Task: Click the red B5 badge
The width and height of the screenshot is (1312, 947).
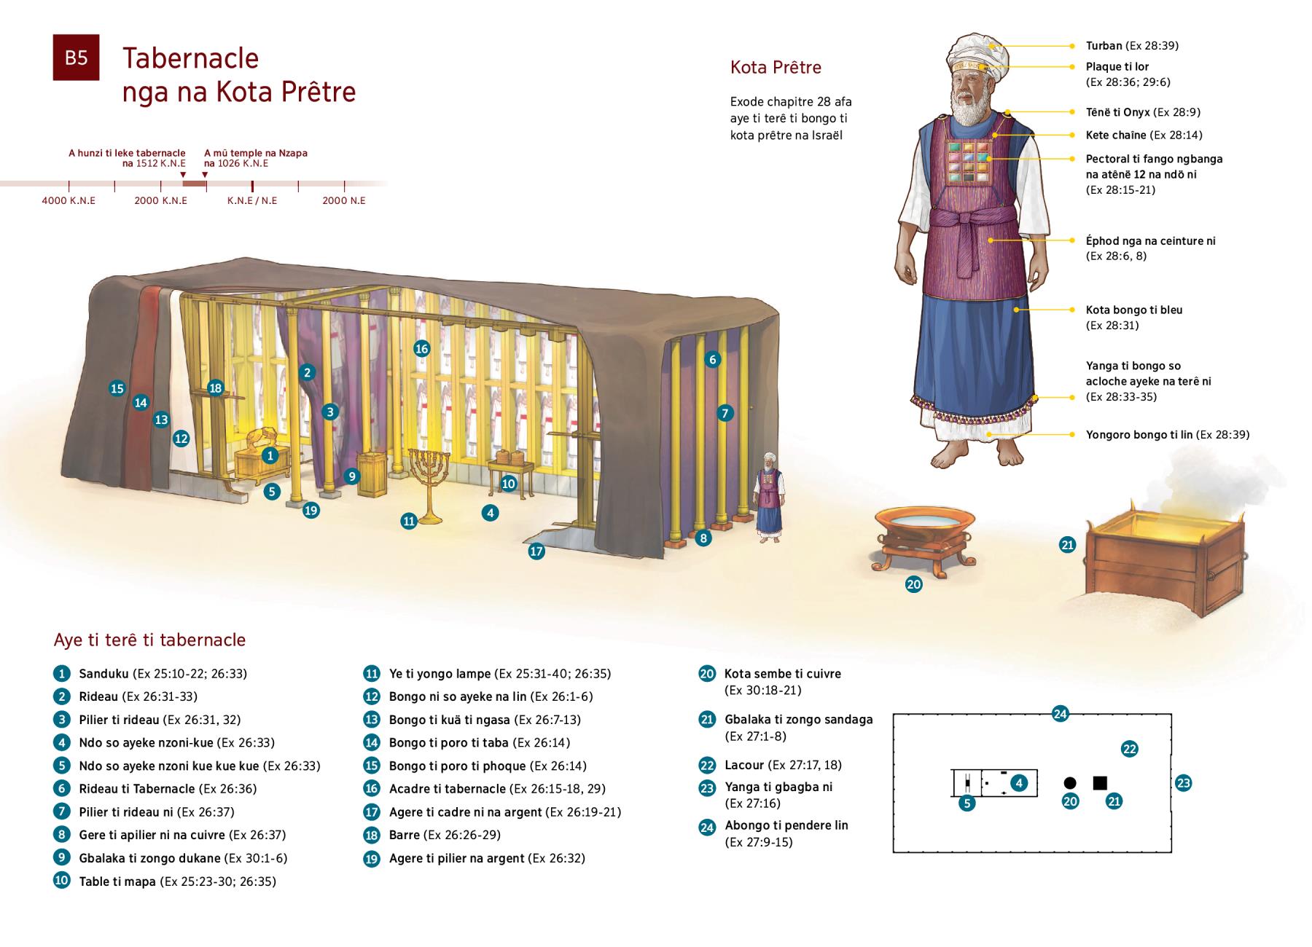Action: click(x=76, y=57)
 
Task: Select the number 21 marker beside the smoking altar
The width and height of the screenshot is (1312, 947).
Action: click(x=1067, y=544)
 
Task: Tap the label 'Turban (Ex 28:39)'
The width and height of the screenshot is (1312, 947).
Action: click(x=1131, y=46)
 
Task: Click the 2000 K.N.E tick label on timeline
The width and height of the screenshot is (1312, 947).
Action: click(x=160, y=200)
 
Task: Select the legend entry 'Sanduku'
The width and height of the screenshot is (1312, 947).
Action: click(x=104, y=674)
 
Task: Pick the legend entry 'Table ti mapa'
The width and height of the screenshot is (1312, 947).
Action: click(x=117, y=881)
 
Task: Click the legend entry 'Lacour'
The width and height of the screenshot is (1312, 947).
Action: click(x=743, y=765)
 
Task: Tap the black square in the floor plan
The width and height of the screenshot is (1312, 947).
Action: click(x=1100, y=783)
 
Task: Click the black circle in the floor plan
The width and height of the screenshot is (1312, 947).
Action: click(x=1070, y=783)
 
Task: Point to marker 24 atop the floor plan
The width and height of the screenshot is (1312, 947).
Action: click(x=1060, y=714)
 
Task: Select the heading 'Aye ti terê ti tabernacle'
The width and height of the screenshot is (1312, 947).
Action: click(x=149, y=640)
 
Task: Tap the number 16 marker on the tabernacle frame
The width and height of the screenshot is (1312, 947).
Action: click(x=421, y=348)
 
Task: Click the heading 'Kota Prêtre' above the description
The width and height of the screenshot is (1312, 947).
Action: click(x=776, y=68)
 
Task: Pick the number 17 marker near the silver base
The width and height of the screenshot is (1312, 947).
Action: click(x=536, y=551)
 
